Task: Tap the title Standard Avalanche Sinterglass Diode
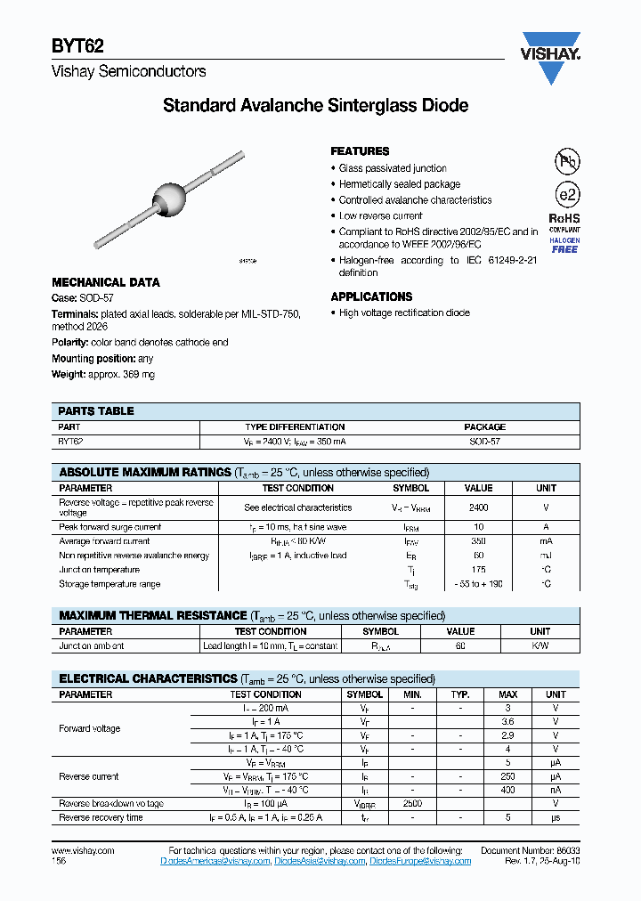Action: [x=315, y=106]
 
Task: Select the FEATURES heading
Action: [x=360, y=151]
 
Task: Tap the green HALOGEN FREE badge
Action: [x=564, y=245]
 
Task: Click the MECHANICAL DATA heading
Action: [x=106, y=282]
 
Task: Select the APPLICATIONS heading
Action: [x=371, y=296]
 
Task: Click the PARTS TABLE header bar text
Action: [x=96, y=411]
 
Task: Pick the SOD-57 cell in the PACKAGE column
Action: [x=484, y=442]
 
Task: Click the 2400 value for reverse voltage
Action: [x=478, y=507]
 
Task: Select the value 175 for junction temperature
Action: [x=478, y=570]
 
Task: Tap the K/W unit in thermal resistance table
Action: [x=540, y=645]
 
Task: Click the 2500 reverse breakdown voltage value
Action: [x=411, y=803]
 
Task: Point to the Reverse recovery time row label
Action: [x=101, y=817]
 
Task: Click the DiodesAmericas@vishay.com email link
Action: [x=215, y=861]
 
